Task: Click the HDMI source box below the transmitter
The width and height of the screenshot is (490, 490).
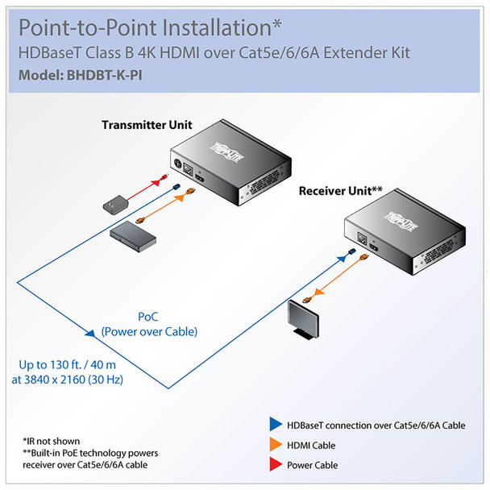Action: tap(132, 235)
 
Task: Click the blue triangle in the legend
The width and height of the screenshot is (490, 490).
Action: tap(275, 426)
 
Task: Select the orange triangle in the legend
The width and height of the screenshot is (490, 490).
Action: tap(275, 446)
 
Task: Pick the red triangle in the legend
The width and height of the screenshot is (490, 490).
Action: tap(275, 465)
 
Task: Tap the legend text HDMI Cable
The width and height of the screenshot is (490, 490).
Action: tap(313, 446)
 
